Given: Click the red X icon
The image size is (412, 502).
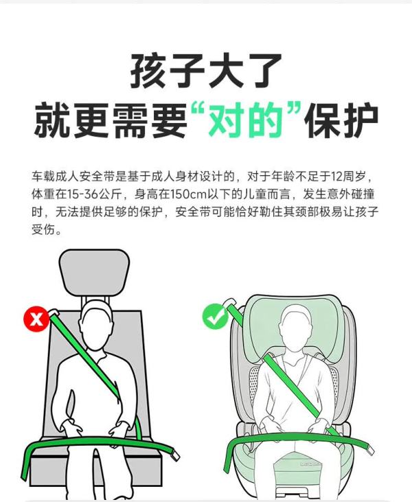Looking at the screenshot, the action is (36, 319).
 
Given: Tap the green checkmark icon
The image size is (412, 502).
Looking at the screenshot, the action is (216, 317).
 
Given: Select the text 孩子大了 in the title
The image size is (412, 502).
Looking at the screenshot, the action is (206, 71).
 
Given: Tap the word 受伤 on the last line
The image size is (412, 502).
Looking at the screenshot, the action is (43, 229).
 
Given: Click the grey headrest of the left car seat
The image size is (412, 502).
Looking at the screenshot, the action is (95, 271).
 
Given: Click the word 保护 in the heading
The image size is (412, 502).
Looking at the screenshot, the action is (341, 120).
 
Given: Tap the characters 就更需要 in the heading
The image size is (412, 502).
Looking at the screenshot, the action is (111, 120).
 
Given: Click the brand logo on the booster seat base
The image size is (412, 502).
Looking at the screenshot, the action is (310, 464).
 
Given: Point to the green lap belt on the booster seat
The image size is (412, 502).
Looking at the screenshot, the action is (298, 437).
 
